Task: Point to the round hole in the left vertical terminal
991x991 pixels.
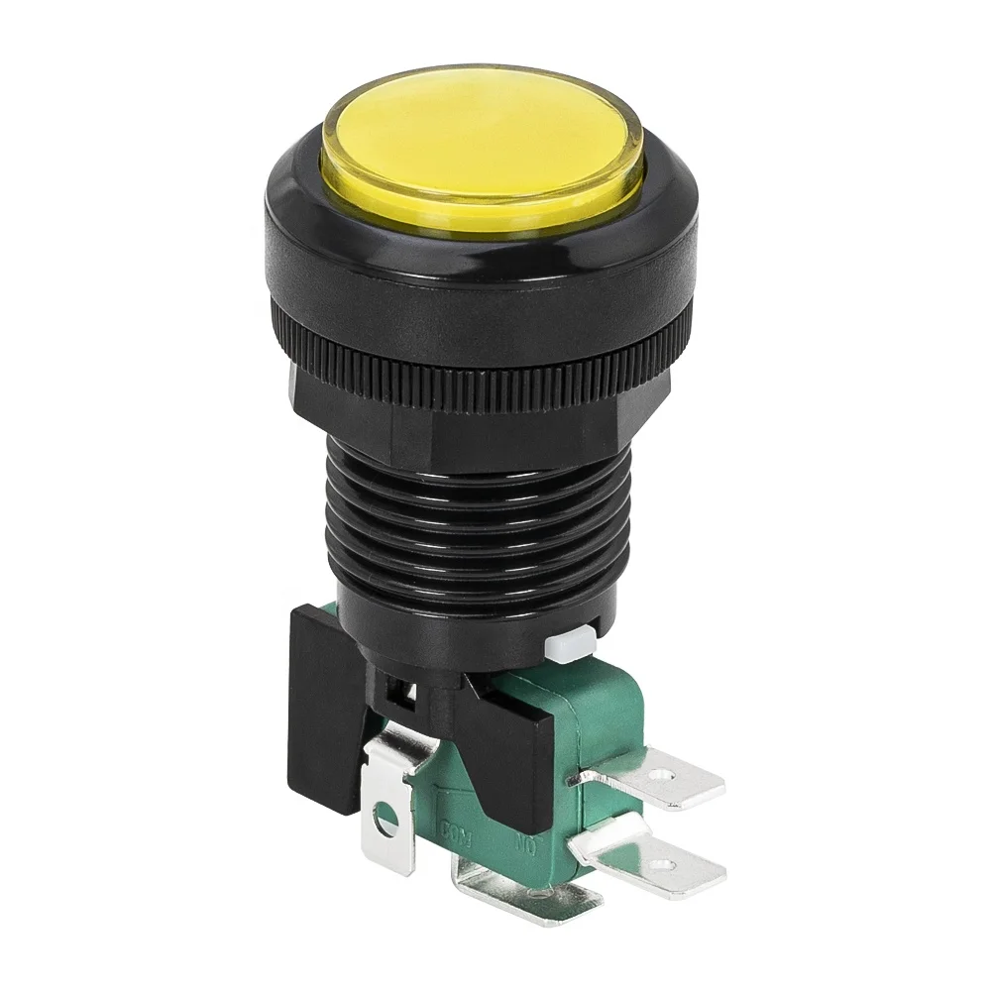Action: click(x=380, y=820)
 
